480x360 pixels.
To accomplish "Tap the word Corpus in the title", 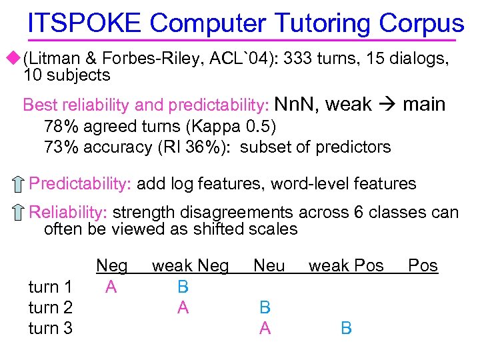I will pos(421,24).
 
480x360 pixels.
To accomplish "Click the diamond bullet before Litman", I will pos(15,58).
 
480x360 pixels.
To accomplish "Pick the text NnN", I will pos(296,105).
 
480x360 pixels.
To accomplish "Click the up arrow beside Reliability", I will pos(19,213).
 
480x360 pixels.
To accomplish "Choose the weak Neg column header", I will pos(190,266).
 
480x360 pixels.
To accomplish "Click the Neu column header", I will pos(269,266).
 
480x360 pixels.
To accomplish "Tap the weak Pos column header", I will pos(346,266).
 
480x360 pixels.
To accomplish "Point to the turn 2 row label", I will pos(51,307).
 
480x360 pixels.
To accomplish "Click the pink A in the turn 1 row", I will pos(111,287).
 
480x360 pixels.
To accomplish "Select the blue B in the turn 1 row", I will pos(183,287).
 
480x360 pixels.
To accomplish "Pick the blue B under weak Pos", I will pos(346,328).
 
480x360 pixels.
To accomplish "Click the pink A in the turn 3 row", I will pos(265,328).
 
